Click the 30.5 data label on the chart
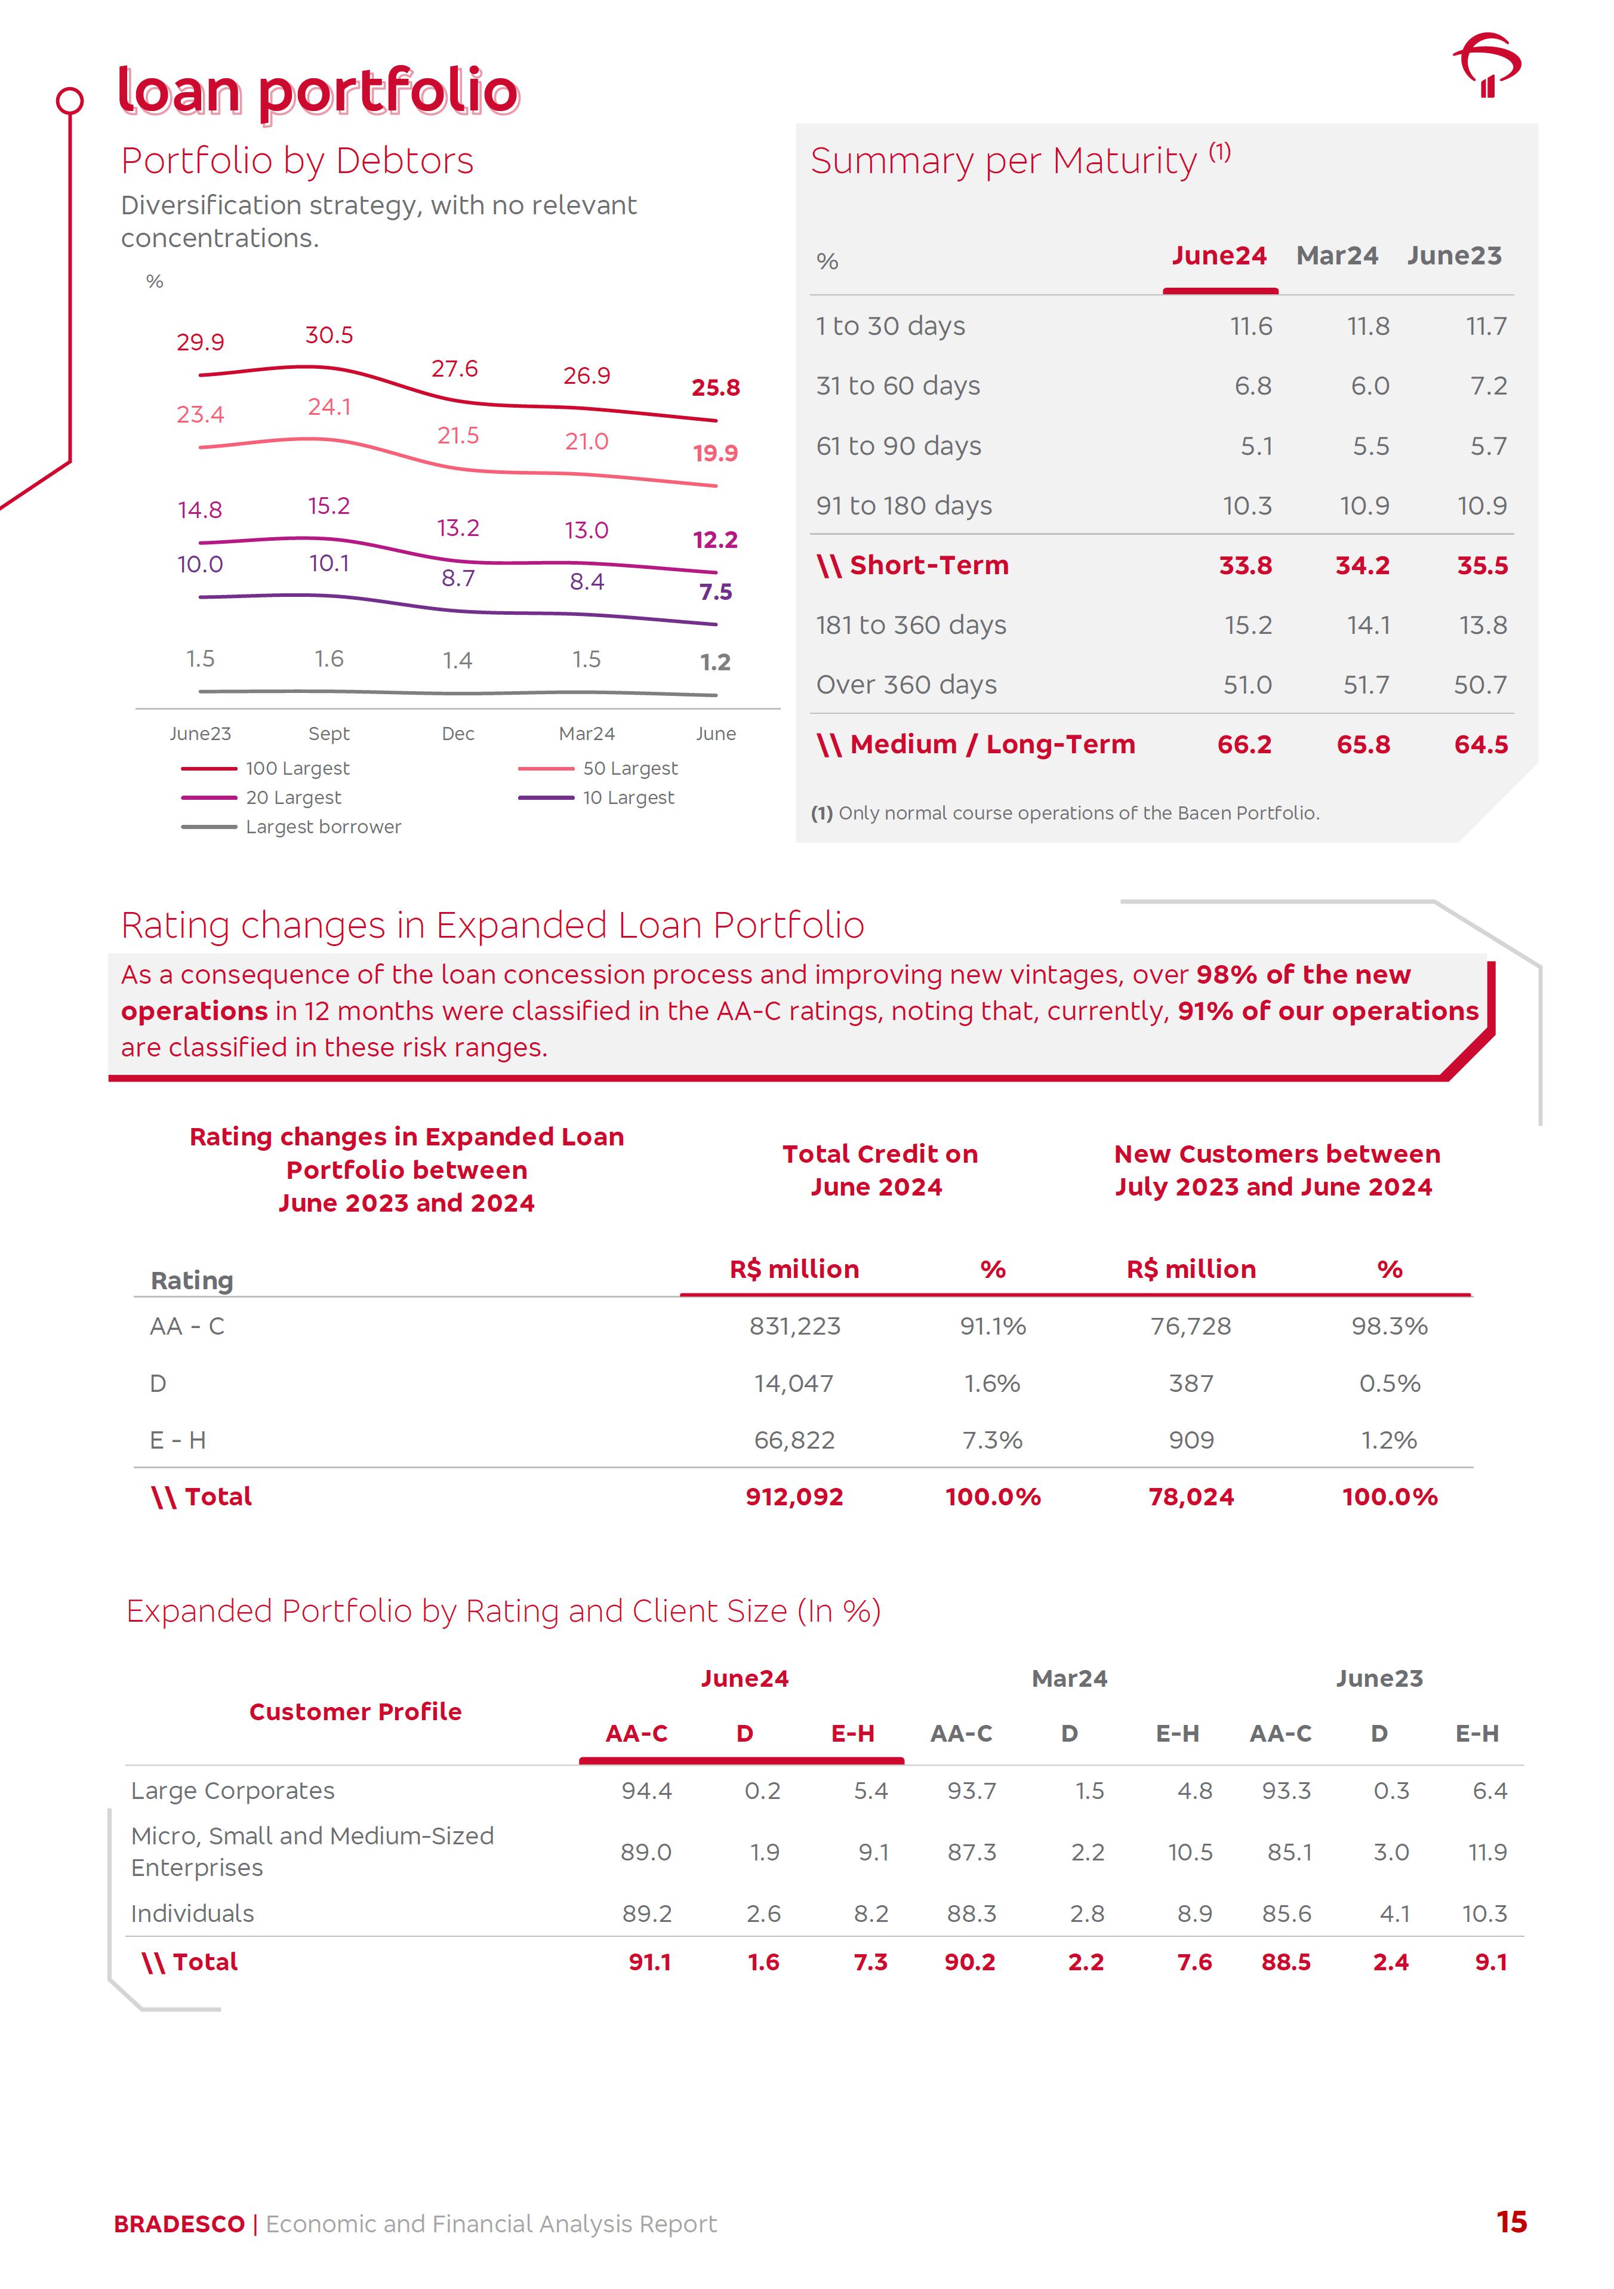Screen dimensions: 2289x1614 point(329,335)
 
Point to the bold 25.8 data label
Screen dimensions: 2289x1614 point(715,388)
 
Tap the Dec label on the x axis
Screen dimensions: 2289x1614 point(458,734)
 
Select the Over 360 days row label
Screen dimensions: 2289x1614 point(906,685)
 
